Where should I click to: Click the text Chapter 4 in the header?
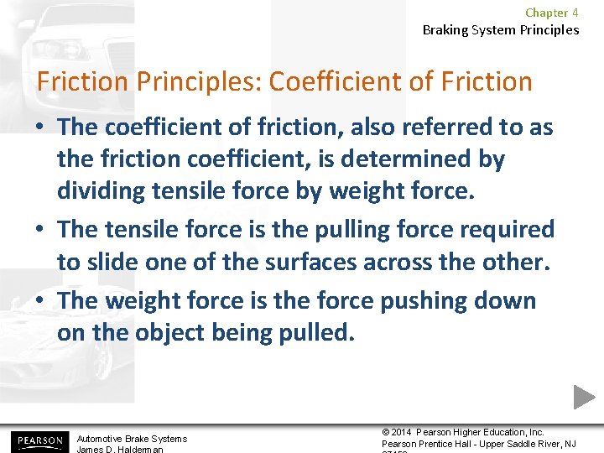(x=551, y=13)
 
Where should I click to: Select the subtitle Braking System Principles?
(x=500, y=30)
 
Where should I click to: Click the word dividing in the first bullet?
(x=102, y=190)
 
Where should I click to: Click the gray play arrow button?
(x=584, y=396)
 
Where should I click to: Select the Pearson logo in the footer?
(x=38, y=440)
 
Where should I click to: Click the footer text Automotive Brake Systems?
(x=132, y=439)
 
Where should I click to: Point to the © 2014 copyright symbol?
(x=386, y=433)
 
